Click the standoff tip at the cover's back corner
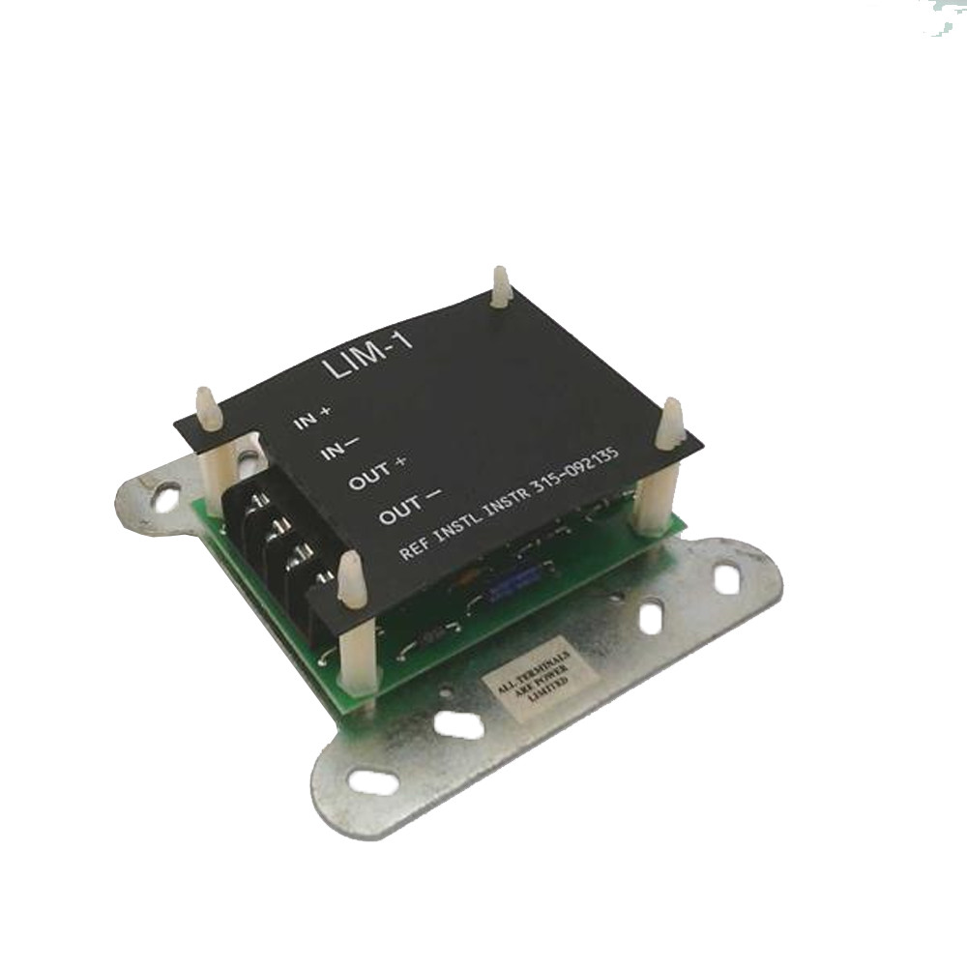click(x=500, y=286)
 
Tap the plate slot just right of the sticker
click(x=651, y=618)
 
